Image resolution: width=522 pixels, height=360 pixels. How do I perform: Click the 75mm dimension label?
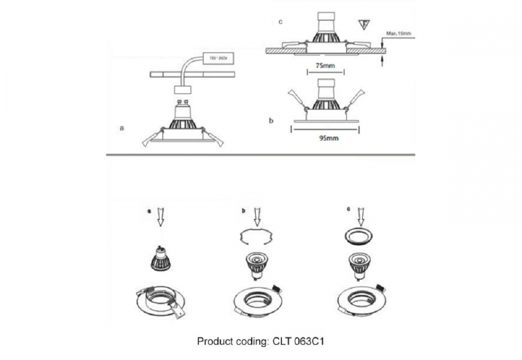pyautogui.click(x=325, y=66)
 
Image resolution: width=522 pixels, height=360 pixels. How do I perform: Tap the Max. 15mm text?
pyautogui.click(x=399, y=34)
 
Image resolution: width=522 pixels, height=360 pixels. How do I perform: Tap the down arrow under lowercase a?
pyautogui.click(x=160, y=217)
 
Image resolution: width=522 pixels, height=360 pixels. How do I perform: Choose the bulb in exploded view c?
pyautogui.click(x=360, y=264)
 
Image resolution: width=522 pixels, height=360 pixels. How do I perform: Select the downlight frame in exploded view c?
pyautogui.click(x=361, y=300)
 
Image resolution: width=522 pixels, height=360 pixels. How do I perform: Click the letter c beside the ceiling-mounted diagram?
pyautogui.click(x=281, y=22)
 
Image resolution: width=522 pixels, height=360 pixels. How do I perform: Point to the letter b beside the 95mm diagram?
pyautogui.click(x=271, y=121)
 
